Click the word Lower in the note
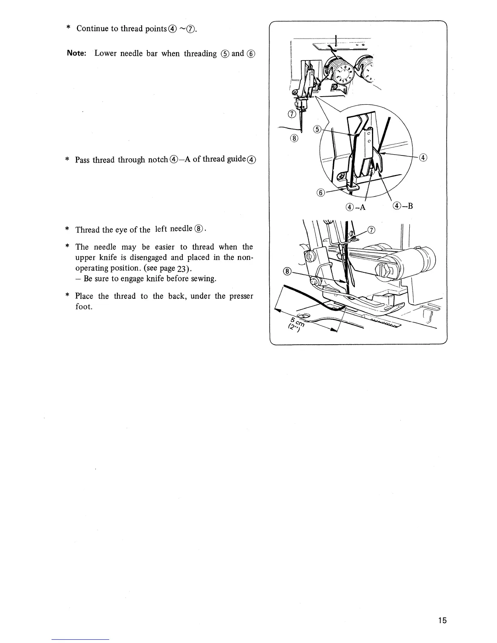[x=106, y=53]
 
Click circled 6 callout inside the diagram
[x=320, y=192]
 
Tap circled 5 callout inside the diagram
[x=318, y=129]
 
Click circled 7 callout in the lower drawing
[x=371, y=231]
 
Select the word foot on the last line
[x=84, y=306]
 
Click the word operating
[x=93, y=268]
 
